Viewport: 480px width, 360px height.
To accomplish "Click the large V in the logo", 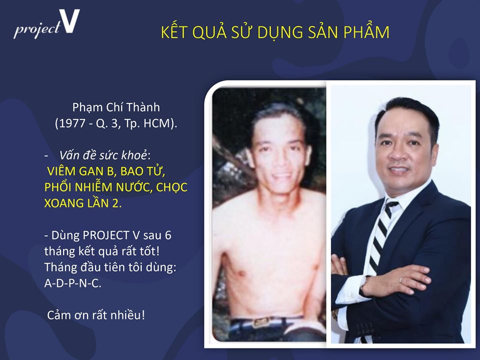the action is click(x=70, y=21).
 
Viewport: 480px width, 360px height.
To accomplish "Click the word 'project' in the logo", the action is click(x=37, y=29).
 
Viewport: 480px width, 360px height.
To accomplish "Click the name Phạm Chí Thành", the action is click(x=116, y=107).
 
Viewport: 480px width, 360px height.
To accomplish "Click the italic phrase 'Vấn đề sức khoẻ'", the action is click(x=103, y=155).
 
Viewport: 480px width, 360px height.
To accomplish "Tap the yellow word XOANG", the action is click(x=64, y=203).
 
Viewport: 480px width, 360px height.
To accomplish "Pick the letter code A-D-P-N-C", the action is click(x=73, y=283).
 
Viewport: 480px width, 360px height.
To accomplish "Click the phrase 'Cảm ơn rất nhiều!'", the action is click(x=96, y=315).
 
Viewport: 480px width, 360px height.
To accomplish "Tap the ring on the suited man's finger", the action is click(x=401, y=279).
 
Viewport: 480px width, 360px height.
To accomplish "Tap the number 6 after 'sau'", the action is click(x=168, y=235).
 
